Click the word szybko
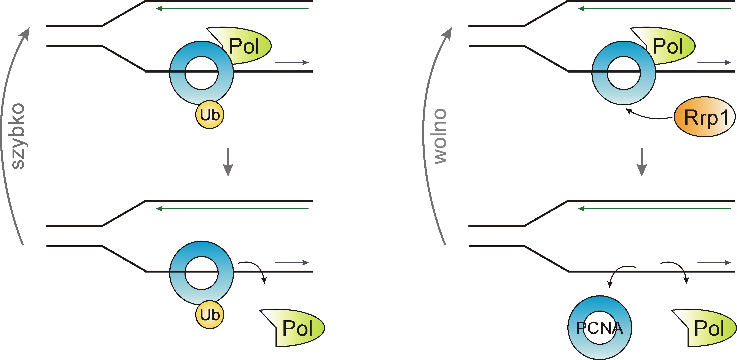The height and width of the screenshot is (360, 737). [x=18, y=136]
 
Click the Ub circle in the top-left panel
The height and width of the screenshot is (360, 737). [x=210, y=115]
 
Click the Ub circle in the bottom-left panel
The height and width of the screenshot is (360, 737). [x=210, y=314]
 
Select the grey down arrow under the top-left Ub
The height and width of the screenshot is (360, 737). [x=228, y=162]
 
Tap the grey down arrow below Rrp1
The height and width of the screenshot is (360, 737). [x=642, y=162]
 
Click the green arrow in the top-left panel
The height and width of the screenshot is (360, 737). [x=232, y=9]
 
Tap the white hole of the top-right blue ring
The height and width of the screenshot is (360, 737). [x=624, y=73]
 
